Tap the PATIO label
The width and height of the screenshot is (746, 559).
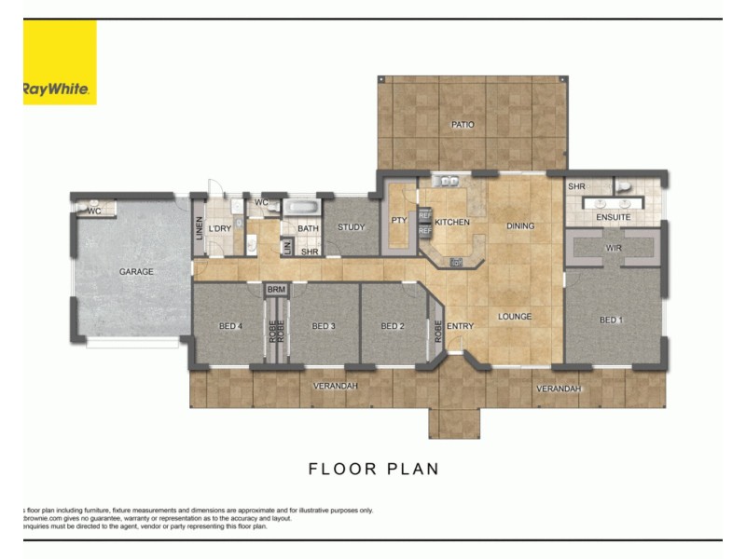tap(463, 124)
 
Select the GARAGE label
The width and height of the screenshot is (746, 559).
tap(136, 272)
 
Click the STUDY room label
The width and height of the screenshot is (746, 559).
tap(352, 227)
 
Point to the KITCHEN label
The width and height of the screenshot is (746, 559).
tap(452, 224)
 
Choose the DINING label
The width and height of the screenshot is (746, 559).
tap(520, 226)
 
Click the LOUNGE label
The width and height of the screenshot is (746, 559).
tap(514, 317)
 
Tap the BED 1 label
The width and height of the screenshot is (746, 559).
tap(610, 320)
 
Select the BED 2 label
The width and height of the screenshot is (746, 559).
tap(393, 326)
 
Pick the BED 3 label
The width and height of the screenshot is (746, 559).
tap(323, 326)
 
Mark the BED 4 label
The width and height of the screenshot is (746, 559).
tap(230, 326)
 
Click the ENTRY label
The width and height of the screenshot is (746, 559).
tap(460, 326)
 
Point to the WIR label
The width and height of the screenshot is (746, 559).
tap(613, 249)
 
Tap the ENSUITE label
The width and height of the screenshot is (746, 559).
tap(613, 217)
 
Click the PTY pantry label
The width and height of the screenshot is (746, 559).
tap(400, 221)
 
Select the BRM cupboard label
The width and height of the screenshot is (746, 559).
tap(276, 291)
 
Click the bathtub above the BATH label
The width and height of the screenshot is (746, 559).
tap(302, 206)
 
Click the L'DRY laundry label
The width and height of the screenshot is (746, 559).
tap(220, 229)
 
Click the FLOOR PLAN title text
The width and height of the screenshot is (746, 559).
tap(373, 469)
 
